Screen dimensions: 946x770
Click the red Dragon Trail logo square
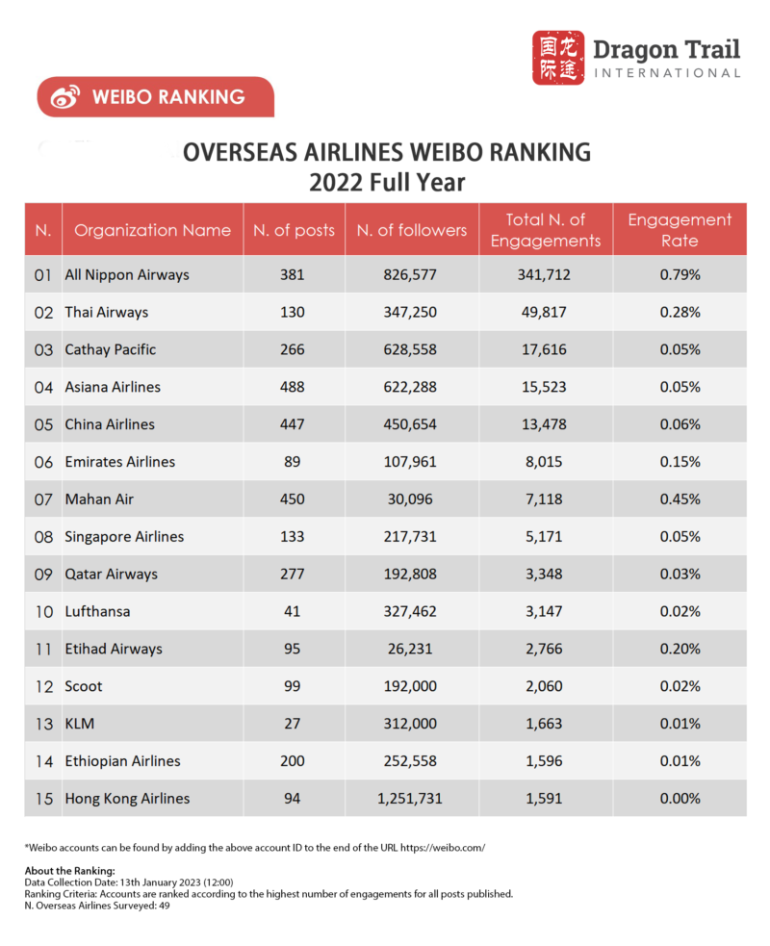coord(558,58)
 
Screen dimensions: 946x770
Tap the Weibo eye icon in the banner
coord(65,97)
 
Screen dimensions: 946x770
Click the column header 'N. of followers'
coord(411,230)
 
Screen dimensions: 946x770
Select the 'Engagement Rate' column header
coord(680,230)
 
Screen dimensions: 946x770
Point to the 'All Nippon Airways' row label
coord(126,275)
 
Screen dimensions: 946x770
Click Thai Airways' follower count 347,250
coord(410,313)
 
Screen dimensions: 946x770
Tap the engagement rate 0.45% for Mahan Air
coord(680,499)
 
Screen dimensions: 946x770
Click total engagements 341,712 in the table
coord(544,275)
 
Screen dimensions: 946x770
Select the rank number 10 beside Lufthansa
coord(43,612)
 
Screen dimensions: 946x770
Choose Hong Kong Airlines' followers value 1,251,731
coord(410,799)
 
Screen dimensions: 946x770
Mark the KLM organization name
coord(79,724)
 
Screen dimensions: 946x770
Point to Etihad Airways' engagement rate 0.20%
coord(680,650)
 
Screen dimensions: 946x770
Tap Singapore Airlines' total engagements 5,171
coord(544,537)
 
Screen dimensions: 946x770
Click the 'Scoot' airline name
coord(83,687)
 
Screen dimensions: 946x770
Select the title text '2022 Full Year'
coord(386,183)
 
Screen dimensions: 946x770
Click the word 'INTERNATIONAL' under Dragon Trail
coord(668,73)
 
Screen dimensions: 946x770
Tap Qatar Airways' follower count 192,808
coord(410,575)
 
